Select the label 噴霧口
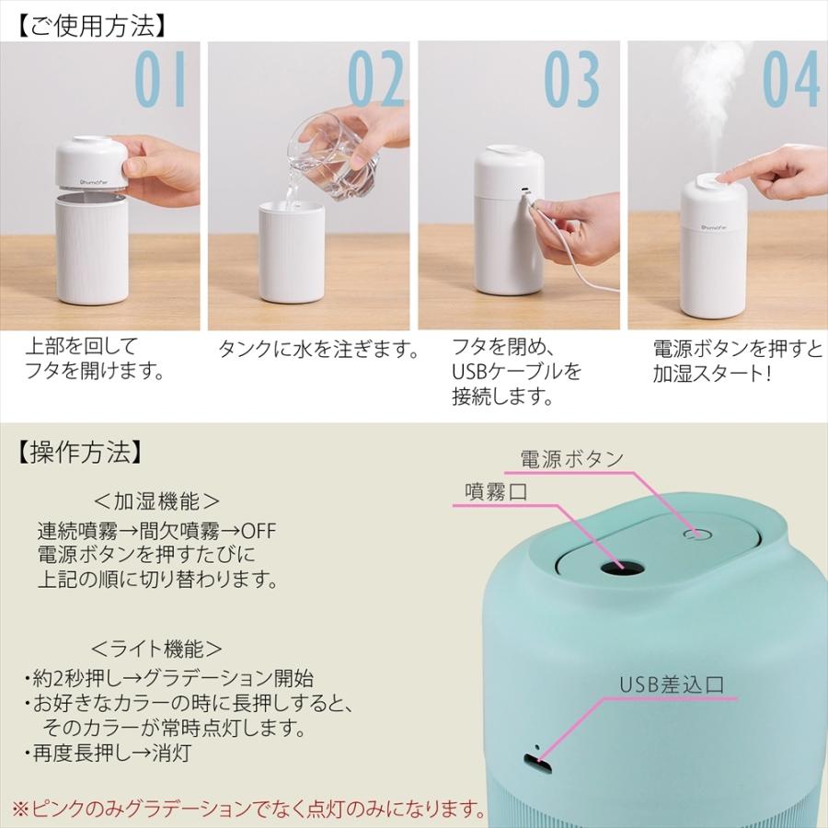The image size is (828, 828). [x=495, y=493]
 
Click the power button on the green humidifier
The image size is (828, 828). [x=697, y=533]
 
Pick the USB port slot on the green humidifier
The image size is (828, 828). [x=536, y=760]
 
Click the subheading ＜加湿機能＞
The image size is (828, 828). [x=157, y=501]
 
